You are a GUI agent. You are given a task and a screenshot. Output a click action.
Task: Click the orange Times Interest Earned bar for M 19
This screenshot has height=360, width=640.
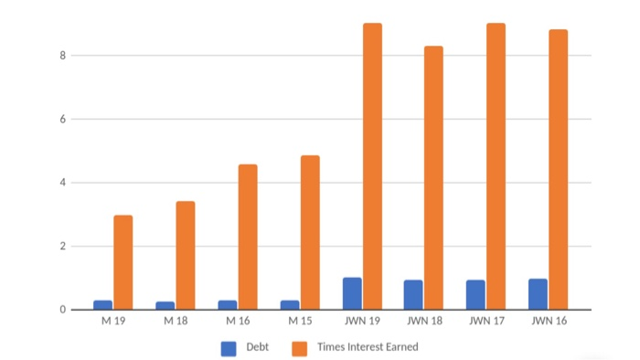[123, 262]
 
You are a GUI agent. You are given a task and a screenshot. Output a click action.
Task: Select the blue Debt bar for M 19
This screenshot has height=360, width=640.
[103, 305]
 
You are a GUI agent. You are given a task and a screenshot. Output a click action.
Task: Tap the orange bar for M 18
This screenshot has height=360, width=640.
[186, 255]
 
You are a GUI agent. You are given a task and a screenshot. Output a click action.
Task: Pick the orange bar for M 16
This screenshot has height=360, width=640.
[248, 237]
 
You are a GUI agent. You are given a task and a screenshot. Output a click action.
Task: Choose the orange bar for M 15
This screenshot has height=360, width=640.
[310, 232]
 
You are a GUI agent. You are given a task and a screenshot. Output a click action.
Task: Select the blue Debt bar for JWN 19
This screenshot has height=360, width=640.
[352, 293]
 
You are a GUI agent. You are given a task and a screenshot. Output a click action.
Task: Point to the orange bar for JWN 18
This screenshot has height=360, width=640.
[433, 177]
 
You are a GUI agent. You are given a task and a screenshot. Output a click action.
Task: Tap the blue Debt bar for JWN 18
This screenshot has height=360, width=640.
[413, 295]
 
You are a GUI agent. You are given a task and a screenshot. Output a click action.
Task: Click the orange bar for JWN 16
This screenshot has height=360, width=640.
[558, 169]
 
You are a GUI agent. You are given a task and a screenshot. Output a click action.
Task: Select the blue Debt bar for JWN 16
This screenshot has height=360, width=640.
[538, 294]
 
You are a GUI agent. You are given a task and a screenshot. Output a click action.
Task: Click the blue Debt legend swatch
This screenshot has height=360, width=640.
[229, 347]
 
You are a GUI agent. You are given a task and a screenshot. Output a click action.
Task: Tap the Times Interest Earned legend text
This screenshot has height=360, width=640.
[368, 347]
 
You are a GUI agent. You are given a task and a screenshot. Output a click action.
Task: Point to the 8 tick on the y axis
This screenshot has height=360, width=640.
[63, 56]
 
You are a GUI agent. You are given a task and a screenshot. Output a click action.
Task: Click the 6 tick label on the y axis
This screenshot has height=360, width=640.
[63, 119]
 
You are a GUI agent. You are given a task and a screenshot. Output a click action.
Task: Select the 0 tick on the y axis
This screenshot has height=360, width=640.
[63, 310]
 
